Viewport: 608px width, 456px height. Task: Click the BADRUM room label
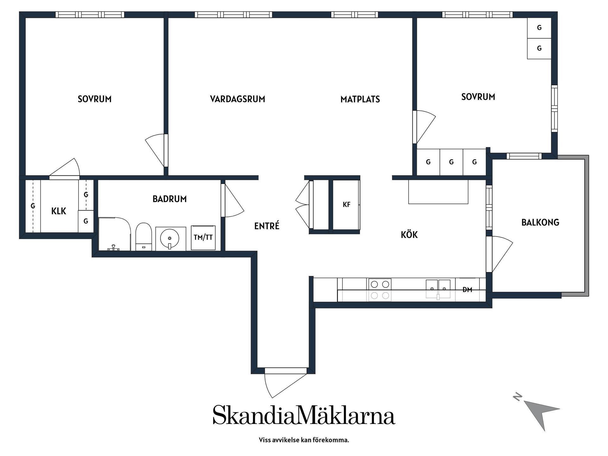[x=169, y=199]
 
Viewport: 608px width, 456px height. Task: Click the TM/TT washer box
[x=203, y=237]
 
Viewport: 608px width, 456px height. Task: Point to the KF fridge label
[x=346, y=205]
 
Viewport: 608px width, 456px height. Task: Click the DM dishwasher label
[x=467, y=289]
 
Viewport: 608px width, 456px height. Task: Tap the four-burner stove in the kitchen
[x=380, y=289]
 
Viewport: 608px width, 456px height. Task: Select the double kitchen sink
[x=438, y=289]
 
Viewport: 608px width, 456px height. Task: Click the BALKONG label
[x=540, y=222]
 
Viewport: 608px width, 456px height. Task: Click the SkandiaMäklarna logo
[x=304, y=415]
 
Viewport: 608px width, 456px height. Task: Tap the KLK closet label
[x=59, y=211]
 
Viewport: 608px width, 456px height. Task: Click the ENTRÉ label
[x=267, y=226]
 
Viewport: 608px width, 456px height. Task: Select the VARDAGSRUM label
[x=237, y=99]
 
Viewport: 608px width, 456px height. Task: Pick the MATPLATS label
[x=360, y=99]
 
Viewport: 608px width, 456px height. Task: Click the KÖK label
[x=409, y=235]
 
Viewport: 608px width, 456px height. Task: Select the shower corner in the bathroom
[x=114, y=234]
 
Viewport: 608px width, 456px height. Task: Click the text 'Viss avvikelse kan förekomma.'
[x=304, y=440]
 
